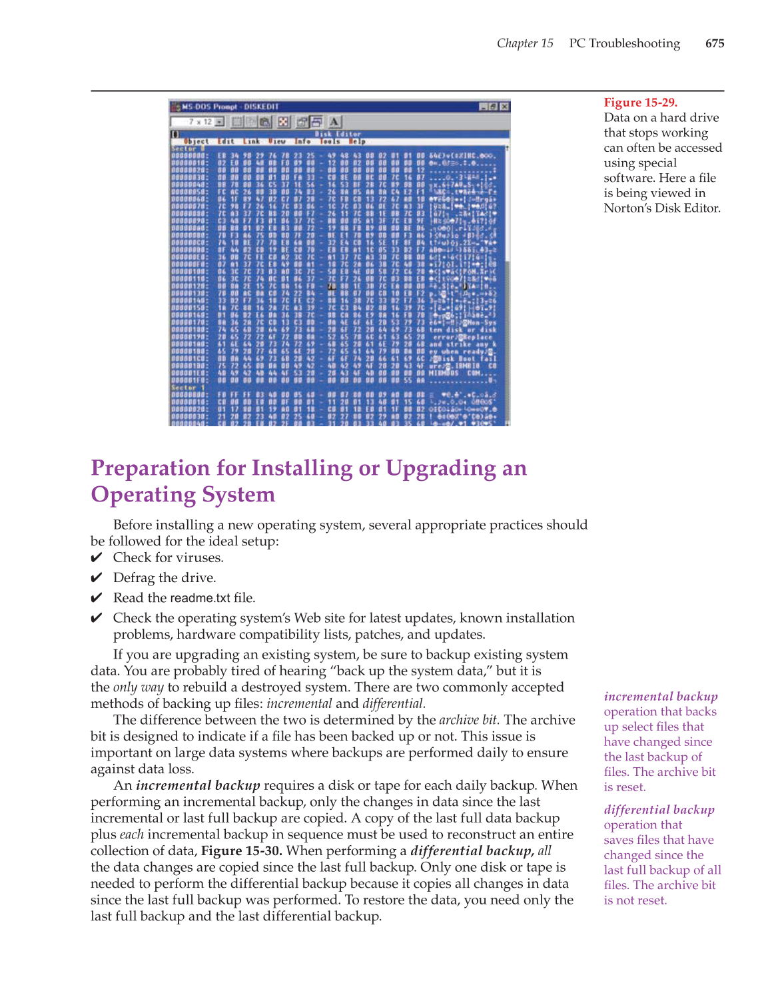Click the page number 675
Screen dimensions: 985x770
tap(714, 43)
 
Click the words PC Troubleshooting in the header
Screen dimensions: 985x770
tap(624, 43)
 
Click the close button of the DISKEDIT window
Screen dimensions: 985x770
tap(504, 107)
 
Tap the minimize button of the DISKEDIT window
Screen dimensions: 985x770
tap(484, 107)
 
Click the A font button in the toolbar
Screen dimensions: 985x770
tap(334, 121)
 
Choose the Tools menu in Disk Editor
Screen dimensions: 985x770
tap(330, 141)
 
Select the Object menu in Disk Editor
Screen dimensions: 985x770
tap(196, 141)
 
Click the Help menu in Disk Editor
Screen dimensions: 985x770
tap(358, 141)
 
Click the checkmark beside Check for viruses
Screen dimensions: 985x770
tap(97, 558)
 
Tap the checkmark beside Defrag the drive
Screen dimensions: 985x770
tap(97, 578)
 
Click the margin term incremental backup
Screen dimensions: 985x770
tap(660, 697)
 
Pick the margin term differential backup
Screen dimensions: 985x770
tap(659, 810)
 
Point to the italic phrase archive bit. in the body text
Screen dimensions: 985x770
tap(469, 720)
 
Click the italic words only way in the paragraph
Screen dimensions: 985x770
tap(139, 687)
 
